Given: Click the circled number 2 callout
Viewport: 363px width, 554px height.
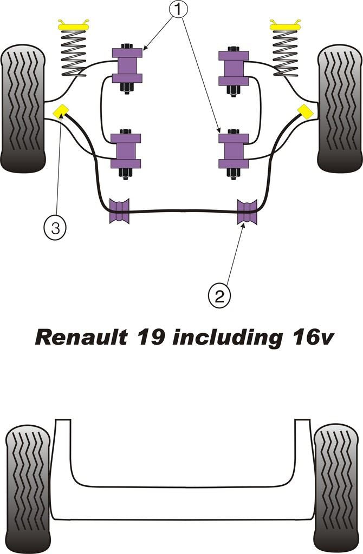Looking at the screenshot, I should (x=219, y=295).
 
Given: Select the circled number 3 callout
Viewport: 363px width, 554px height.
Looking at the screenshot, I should (x=55, y=229).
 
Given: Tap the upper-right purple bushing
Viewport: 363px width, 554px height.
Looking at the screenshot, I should (x=234, y=68).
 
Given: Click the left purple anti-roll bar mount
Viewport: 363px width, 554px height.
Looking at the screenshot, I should (x=120, y=210).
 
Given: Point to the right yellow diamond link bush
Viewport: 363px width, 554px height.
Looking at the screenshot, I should (x=305, y=111).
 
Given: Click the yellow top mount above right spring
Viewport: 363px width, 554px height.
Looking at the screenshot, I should (x=286, y=25).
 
